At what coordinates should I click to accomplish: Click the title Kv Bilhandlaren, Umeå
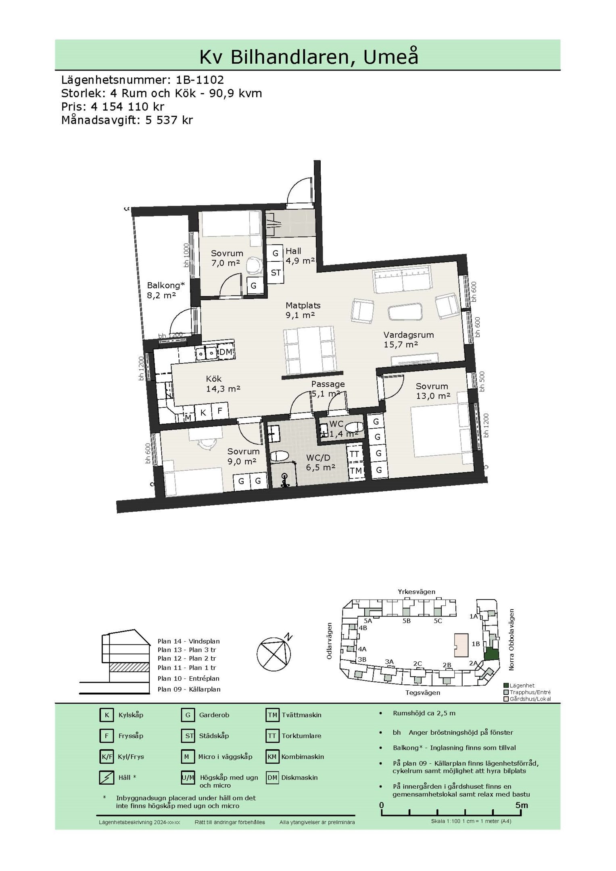[x=309, y=57]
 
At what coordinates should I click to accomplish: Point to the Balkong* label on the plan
[x=166, y=285]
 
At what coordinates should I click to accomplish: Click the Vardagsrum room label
[x=409, y=335]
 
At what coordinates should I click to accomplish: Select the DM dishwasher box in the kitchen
[x=226, y=352]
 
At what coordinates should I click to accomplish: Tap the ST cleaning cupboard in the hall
[x=276, y=273]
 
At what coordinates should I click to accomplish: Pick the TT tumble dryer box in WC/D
[x=354, y=454]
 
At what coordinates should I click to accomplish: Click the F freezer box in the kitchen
[x=220, y=411]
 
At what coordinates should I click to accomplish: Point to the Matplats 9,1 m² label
[x=303, y=310]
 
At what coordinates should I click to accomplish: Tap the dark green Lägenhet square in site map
[x=491, y=654]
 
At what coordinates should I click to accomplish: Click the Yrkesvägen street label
[x=417, y=592]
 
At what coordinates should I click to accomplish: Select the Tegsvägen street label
[x=423, y=692]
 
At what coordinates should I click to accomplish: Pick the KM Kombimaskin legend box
[x=272, y=756]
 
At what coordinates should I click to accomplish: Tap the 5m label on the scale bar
[x=521, y=805]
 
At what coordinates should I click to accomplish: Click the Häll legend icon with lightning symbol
[x=106, y=777]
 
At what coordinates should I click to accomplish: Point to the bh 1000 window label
[x=186, y=255]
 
